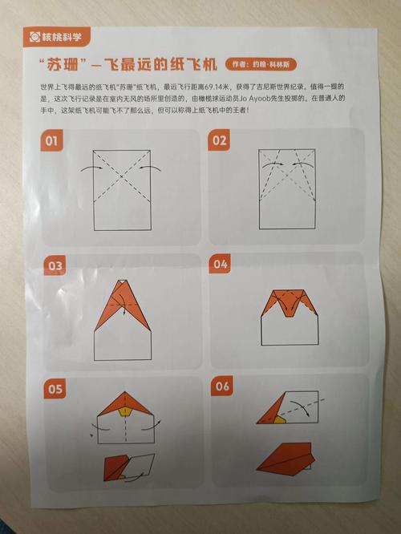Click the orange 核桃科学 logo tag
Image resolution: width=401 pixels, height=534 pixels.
pyautogui.click(x=56, y=35)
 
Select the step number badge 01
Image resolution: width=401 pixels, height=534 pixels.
pyautogui.click(x=51, y=142)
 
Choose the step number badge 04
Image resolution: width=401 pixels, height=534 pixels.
pyautogui.click(x=221, y=264)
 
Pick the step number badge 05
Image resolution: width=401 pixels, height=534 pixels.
pyautogui.click(x=55, y=390)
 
